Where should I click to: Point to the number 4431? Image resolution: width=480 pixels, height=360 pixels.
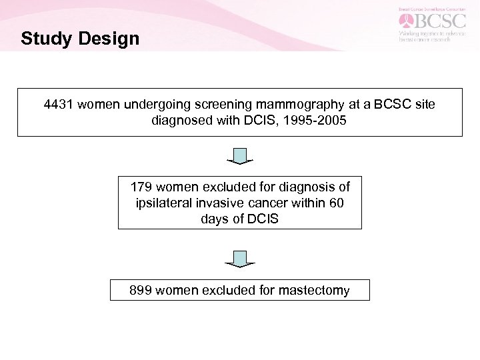[x=59, y=105]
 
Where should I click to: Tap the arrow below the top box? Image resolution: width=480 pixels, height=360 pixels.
[x=240, y=157]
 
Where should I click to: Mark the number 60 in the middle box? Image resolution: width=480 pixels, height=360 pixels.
[x=336, y=203]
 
